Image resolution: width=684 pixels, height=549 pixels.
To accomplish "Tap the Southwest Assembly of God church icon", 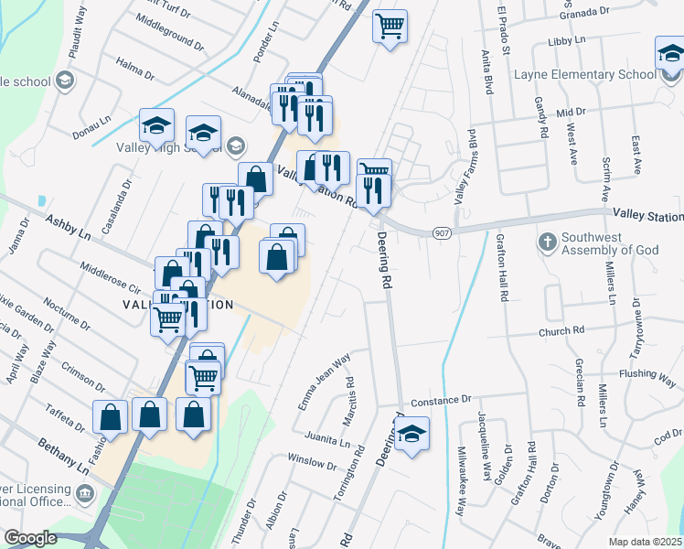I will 547,242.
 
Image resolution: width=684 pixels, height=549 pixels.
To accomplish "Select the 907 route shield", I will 441,233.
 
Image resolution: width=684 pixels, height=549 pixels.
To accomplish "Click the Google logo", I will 30,538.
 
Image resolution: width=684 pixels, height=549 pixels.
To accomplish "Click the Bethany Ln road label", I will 63,455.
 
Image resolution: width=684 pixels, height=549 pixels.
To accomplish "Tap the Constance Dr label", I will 440,401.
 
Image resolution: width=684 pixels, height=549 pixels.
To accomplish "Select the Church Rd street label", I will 561,331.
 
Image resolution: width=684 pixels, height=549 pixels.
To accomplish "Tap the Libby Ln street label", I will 568,41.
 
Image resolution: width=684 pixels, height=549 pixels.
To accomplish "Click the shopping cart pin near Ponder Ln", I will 390,27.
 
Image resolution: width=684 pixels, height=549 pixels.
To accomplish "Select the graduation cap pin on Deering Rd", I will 412,434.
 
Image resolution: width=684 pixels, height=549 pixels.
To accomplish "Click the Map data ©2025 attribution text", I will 646,542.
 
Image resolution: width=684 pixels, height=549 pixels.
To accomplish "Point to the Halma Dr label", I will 135,70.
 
